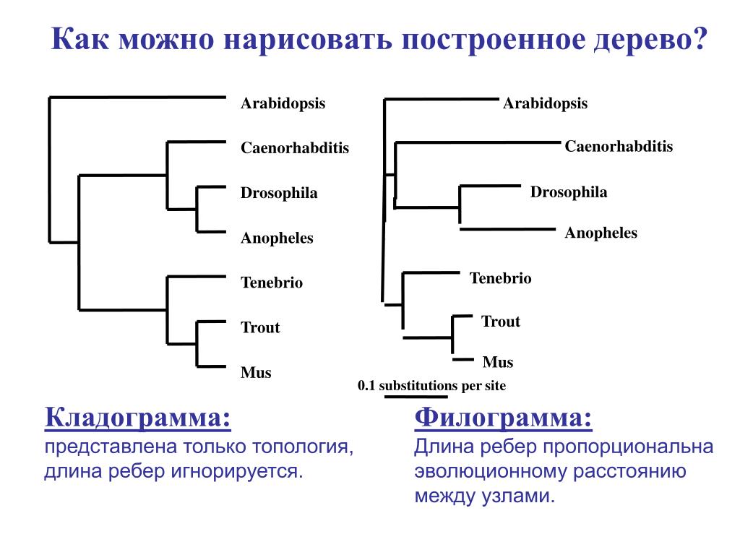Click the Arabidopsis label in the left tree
click(283, 103)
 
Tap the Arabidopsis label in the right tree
click(545, 103)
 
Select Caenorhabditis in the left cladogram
click(294, 148)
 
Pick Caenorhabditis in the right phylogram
click(619, 147)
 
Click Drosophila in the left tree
click(279, 194)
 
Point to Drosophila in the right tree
click(569, 192)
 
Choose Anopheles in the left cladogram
click(277, 238)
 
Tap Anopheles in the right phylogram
click(601, 233)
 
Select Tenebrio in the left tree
click(272, 283)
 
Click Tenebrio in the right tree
click(500, 278)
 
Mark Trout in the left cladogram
click(260, 328)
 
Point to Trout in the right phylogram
click(501, 322)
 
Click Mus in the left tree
click(256, 373)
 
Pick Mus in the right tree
click(497, 362)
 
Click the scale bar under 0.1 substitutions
click(416, 396)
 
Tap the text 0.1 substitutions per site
click(431, 385)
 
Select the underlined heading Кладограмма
click(139, 418)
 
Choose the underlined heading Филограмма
click(504, 418)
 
